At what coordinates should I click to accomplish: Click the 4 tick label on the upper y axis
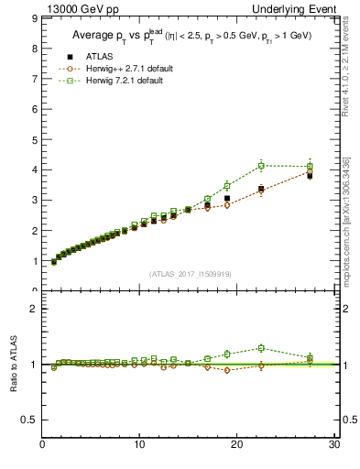[34, 169]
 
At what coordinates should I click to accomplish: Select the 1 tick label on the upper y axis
[34, 261]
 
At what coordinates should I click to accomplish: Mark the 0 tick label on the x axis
[42, 446]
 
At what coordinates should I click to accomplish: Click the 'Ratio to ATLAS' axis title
[13, 365]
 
